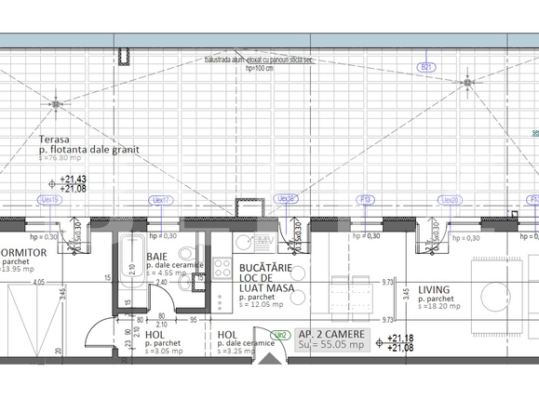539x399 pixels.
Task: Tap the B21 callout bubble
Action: [427, 67]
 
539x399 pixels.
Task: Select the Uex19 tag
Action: [48, 199]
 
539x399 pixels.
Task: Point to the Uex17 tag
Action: [162, 199]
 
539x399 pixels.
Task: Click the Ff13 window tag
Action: [367, 199]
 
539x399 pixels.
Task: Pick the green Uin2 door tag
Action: [277, 334]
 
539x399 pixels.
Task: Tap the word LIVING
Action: [436, 289]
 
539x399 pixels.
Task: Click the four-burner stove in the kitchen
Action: [222, 269]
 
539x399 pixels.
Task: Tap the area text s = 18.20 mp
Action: [441, 307]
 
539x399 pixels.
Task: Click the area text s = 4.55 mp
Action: [167, 273]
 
